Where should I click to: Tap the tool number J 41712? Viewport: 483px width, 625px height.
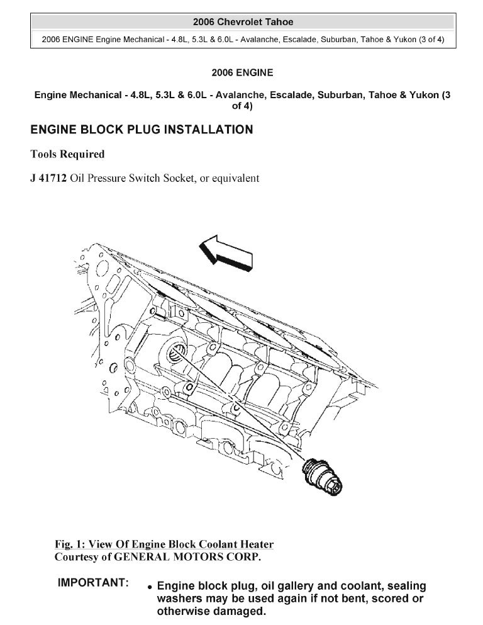point(48,178)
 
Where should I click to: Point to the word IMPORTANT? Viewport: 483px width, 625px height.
point(93,583)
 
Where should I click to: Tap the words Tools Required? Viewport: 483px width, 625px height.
point(67,154)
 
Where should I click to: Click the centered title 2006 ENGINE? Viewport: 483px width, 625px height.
point(242,73)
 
